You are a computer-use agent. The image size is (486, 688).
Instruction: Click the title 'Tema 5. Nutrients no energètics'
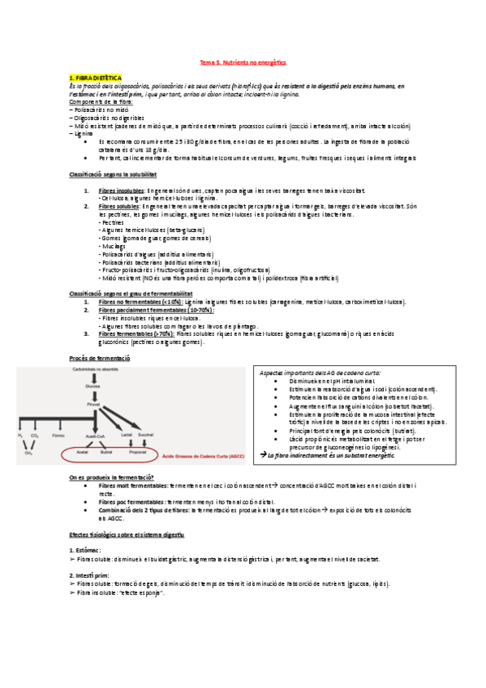243,62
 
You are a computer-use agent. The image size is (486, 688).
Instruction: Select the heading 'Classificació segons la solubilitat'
113,174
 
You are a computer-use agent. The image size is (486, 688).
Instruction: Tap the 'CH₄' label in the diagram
28,454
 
